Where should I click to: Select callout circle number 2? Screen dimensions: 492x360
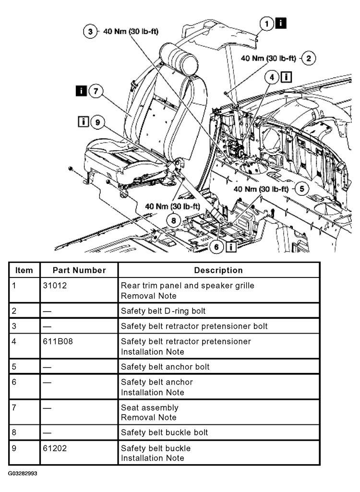309,59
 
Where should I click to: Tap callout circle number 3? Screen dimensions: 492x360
90,32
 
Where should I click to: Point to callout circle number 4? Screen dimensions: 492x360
273,77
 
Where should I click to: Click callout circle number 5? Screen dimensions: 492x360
301,189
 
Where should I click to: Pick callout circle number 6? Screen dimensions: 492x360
216,247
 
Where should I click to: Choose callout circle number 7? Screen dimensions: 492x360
96,91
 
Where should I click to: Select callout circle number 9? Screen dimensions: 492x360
97,122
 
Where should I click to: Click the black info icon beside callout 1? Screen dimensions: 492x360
281,23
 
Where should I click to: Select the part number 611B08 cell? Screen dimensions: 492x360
58,342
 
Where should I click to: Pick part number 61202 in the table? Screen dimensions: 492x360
55,448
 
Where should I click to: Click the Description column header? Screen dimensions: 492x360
218,270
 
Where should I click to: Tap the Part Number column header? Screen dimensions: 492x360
79,270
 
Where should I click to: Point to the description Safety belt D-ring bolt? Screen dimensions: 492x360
163,311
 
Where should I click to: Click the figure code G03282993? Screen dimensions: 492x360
22,473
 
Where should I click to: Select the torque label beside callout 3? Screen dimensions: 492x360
131,32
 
